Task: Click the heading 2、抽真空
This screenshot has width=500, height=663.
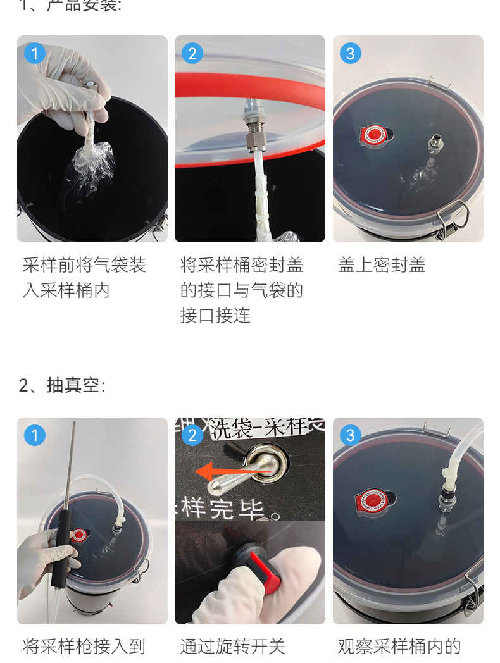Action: pos(62,385)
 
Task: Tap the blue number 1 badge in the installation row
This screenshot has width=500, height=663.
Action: pos(35,53)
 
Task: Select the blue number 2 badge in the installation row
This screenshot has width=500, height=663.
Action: pos(192,53)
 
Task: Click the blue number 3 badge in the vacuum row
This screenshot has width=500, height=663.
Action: pos(351,435)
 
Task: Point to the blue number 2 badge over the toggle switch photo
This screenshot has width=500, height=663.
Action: pos(192,435)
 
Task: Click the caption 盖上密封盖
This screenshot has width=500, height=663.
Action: pos(382,265)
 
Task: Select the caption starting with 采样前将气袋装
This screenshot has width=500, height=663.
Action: pos(84,265)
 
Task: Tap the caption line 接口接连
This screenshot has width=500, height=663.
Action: pos(215,316)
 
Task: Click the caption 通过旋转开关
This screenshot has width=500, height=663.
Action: pos(233,647)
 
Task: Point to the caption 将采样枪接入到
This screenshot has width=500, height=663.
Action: pos(84,647)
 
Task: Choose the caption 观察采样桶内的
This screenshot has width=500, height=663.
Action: pos(399,647)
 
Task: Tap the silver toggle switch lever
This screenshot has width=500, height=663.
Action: pos(244,475)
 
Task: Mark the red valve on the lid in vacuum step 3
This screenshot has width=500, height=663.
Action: pos(372,500)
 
